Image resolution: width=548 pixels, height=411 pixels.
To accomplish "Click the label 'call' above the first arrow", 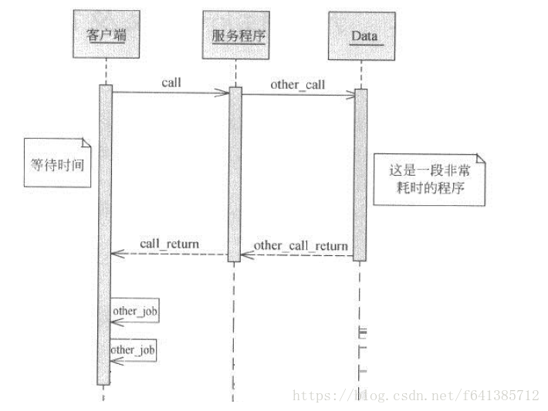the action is [171, 81].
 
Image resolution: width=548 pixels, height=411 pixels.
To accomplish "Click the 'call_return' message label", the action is [169, 244].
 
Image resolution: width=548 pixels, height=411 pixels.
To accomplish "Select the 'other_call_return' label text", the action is [300, 246].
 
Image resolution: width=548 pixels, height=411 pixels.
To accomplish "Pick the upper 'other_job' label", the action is [135, 311].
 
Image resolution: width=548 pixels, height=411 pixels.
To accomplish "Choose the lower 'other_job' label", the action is [134, 350].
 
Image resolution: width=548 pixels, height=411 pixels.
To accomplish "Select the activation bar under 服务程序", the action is [235, 173].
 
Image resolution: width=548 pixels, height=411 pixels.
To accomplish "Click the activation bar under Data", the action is [360, 173].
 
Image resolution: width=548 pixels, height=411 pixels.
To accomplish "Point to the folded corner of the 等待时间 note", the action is [83, 143].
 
